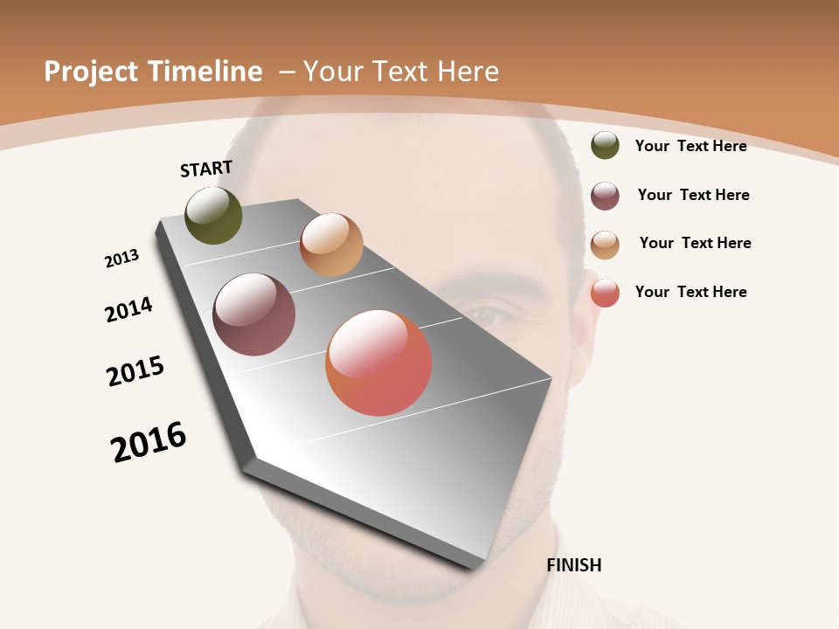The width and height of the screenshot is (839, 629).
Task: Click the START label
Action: tap(206, 169)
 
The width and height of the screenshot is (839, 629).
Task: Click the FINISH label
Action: tap(573, 565)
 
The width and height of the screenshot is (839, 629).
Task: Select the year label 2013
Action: tap(121, 259)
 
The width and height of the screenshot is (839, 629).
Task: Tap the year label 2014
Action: tap(128, 309)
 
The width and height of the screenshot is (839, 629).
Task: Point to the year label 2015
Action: tap(135, 371)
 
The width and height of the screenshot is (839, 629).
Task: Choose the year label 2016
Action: tap(149, 442)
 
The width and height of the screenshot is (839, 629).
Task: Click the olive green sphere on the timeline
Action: tap(213, 216)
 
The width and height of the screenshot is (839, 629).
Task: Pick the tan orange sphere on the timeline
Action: tap(331, 245)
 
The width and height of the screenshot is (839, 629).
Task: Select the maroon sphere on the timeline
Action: tap(253, 314)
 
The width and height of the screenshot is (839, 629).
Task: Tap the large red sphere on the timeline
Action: tap(378, 363)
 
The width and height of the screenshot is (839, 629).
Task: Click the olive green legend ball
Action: tap(605, 145)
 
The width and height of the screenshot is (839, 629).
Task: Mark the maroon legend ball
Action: tap(605, 196)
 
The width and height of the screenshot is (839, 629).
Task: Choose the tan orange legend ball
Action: tap(605, 244)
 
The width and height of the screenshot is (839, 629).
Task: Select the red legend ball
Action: tap(605, 293)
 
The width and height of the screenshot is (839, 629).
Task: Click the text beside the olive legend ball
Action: tap(690, 146)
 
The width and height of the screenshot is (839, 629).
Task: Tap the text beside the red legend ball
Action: tap(690, 292)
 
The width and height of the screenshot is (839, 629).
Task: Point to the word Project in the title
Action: tap(90, 72)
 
